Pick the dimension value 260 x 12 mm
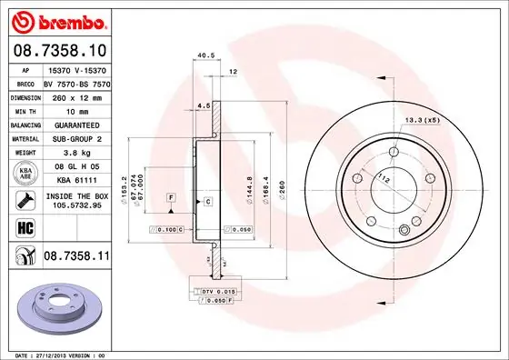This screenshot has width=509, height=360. (76, 95)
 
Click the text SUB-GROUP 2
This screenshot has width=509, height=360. (76, 139)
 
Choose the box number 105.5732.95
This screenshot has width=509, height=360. (76, 206)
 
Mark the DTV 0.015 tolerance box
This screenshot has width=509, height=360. (215, 290)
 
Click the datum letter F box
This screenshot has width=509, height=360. (170, 198)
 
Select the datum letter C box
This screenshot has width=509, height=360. (207, 200)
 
